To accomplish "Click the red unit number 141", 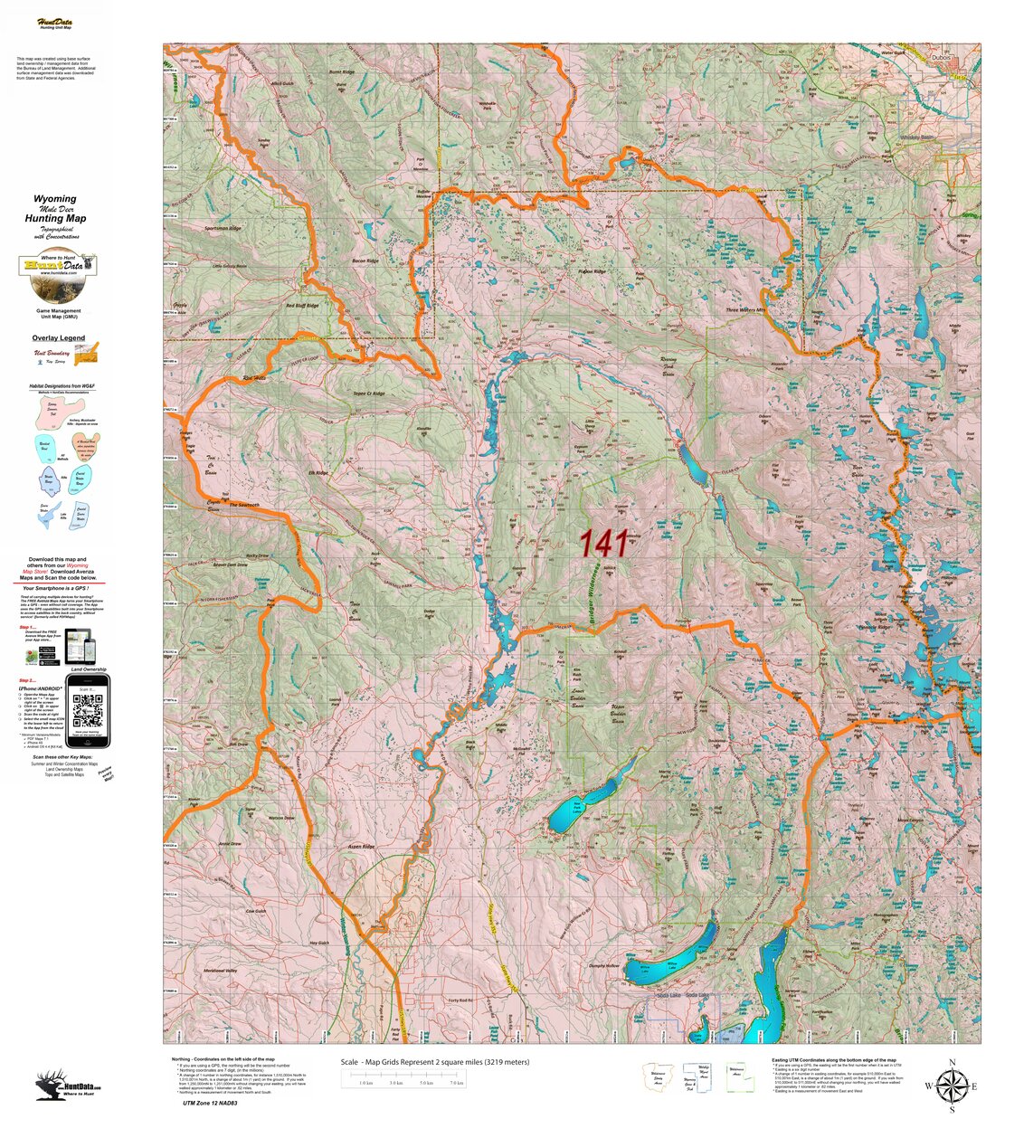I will coord(603,543).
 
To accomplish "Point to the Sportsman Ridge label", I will coord(223,229).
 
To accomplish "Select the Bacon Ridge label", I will coord(365,261).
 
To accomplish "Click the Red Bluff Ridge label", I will coord(302,306).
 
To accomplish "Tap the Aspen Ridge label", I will coord(361,847).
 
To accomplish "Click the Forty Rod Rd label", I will coord(460,1000).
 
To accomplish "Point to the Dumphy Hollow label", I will coord(603,966).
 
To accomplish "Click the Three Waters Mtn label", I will coord(745,310).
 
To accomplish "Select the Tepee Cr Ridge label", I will coord(368,394).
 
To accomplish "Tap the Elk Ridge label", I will coord(318,472).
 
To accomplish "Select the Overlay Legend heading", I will coord(59,338).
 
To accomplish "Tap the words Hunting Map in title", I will coord(55,218).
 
